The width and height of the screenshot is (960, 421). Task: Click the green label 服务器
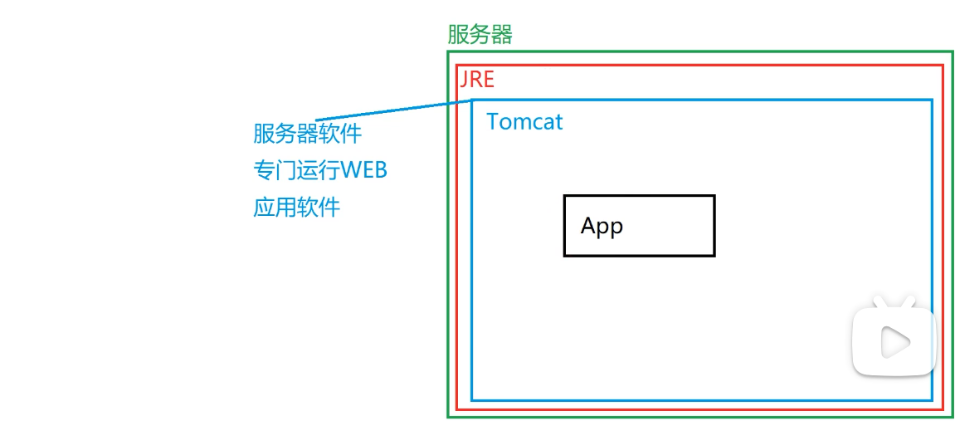[x=480, y=35]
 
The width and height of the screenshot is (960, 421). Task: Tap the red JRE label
[x=477, y=80]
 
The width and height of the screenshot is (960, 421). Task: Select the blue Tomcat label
[x=524, y=122]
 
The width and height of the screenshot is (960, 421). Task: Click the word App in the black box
[x=602, y=226]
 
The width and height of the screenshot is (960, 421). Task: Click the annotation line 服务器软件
[x=307, y=134]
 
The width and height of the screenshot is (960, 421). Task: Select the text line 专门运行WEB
[x=320, y=170]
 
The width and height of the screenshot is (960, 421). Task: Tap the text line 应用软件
[x=296, y=207]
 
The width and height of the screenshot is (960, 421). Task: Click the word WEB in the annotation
[x=365, y=170]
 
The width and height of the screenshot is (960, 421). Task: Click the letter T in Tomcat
[x=493, y=122]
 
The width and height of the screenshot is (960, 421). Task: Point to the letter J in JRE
[x=465, y=80]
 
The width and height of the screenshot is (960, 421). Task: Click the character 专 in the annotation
[x=264, y=170]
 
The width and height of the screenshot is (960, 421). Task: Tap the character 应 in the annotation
[x=264, y=207]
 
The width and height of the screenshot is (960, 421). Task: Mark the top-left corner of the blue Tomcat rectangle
[x=472, y=100]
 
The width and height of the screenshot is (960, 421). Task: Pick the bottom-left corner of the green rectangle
[x=449, y=416]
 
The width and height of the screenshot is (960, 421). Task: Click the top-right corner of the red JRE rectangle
[x=943, y=66]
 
